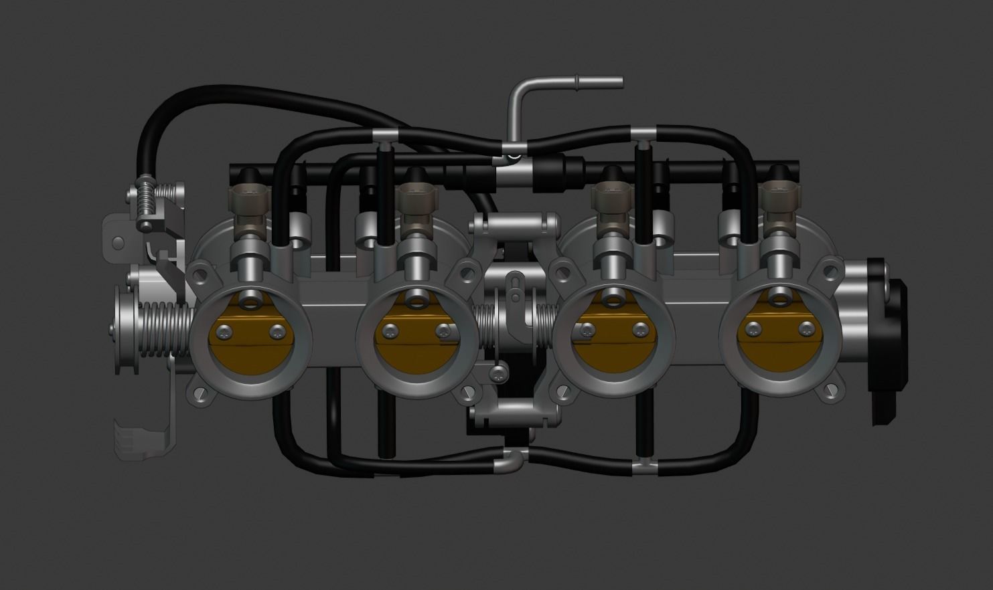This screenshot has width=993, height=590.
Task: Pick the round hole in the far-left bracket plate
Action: click(x=119, y=242)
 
